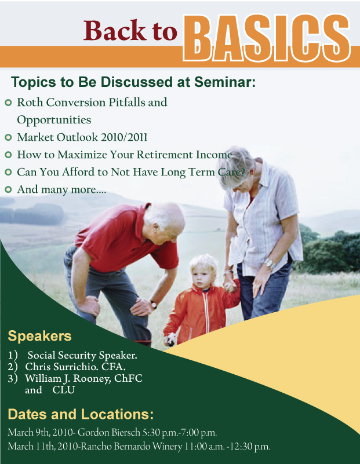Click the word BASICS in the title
267,38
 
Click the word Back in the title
115,30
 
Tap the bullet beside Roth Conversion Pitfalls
8,103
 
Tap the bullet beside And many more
8,189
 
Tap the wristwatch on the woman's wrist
270,263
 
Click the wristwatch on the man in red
154,304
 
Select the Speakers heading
39,336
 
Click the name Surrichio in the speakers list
76,367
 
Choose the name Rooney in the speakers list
92,378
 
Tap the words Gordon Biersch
108,432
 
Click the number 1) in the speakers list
13,355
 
